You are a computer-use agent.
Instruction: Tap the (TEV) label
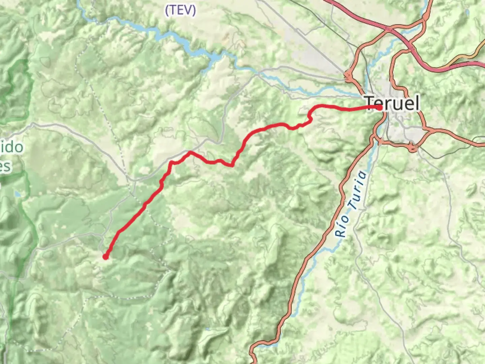[x=180, y=10]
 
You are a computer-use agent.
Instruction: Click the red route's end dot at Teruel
[x=380, y=108]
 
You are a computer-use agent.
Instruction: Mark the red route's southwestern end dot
[x=105, y=257]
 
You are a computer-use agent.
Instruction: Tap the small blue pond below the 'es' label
[x=17, y=194]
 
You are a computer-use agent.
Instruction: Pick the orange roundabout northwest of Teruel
[x=348, y=77]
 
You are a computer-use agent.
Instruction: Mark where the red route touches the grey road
[x=190, y=152]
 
